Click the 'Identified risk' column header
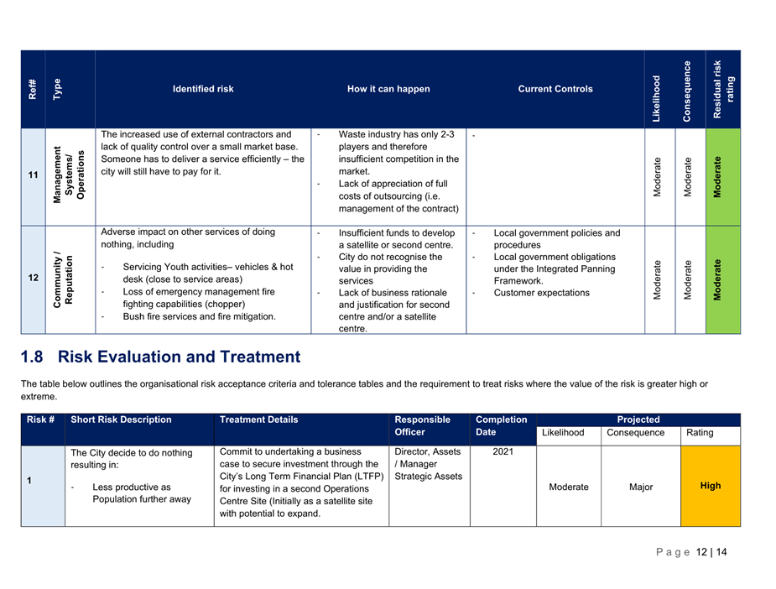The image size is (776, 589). [203, 89]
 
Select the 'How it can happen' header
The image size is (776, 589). [388, 89]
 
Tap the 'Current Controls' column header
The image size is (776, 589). [555, 89]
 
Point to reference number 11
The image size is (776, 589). [33, 175]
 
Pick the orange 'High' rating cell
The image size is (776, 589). [710, 486]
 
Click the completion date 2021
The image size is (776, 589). [502, 452]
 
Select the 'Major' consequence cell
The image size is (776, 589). [641, 487]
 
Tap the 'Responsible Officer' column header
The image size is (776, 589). [423, 426]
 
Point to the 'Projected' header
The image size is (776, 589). [638, 420]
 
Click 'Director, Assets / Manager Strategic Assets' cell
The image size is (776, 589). [428, 464]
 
